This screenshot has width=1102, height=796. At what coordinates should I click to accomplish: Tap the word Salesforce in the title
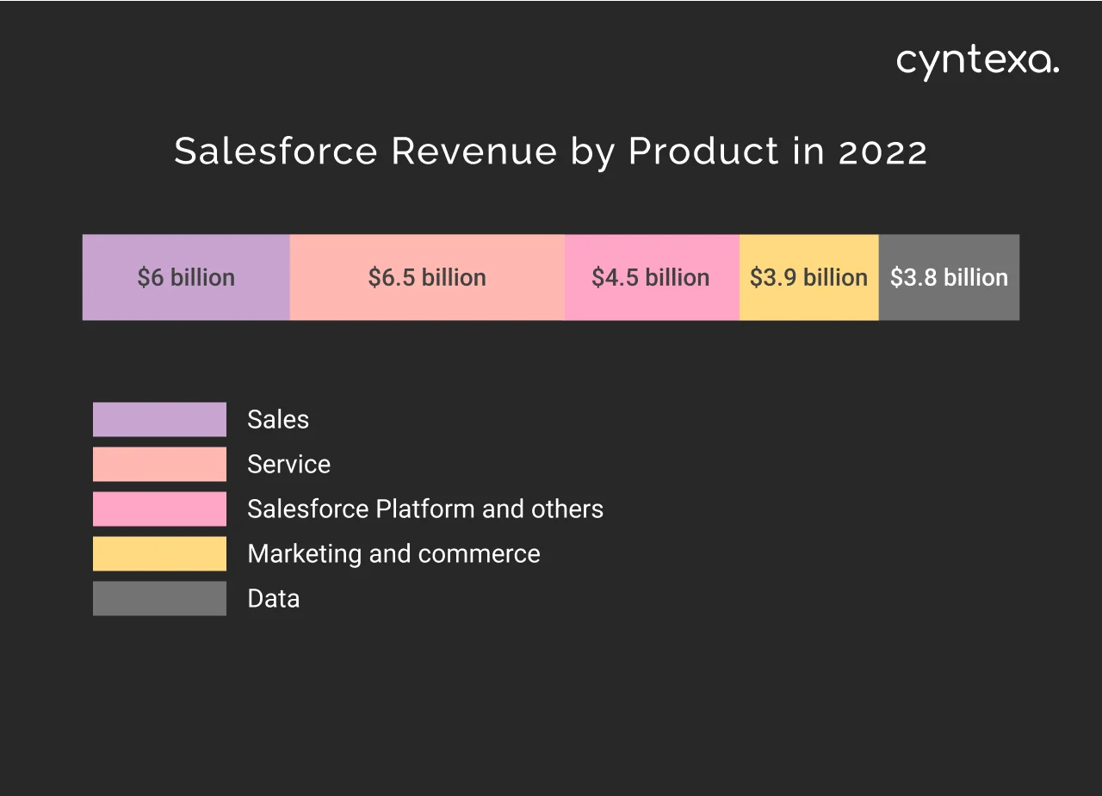275,151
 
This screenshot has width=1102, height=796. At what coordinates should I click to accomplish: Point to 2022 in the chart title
882,151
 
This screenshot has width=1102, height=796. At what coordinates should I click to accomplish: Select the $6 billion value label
186,277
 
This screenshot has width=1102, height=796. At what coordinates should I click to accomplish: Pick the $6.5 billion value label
427,277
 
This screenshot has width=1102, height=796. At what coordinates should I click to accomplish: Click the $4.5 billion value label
651,277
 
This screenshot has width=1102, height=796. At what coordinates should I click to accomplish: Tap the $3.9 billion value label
808,277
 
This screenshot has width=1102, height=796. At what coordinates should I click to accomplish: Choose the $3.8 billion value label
949,277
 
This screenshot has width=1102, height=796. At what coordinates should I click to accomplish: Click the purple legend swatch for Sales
159,419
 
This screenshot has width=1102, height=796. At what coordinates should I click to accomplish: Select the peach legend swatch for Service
159,464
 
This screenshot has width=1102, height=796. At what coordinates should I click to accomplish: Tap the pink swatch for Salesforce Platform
159,509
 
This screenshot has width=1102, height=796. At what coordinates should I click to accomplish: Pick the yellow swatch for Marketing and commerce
159,553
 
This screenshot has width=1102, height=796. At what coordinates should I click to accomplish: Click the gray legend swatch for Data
159,598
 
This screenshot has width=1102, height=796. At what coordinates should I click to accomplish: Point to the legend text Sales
277,419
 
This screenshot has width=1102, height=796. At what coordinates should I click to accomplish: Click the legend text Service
288,464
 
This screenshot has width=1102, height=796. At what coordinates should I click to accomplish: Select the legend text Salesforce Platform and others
424,509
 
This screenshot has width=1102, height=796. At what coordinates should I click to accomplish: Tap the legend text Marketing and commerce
393,553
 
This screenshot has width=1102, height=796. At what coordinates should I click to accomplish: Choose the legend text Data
273,598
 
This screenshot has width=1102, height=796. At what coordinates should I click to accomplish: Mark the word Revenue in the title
474,151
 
